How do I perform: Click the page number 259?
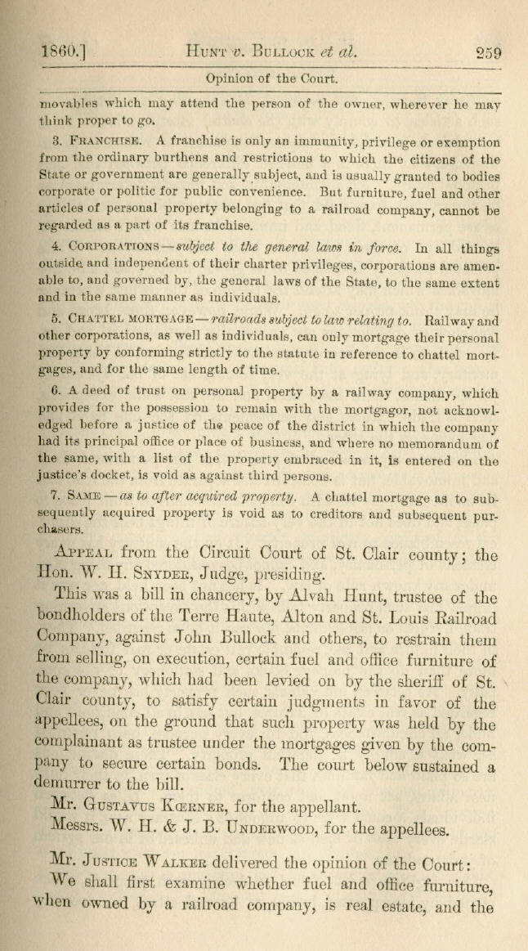(x=490, y=54)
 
